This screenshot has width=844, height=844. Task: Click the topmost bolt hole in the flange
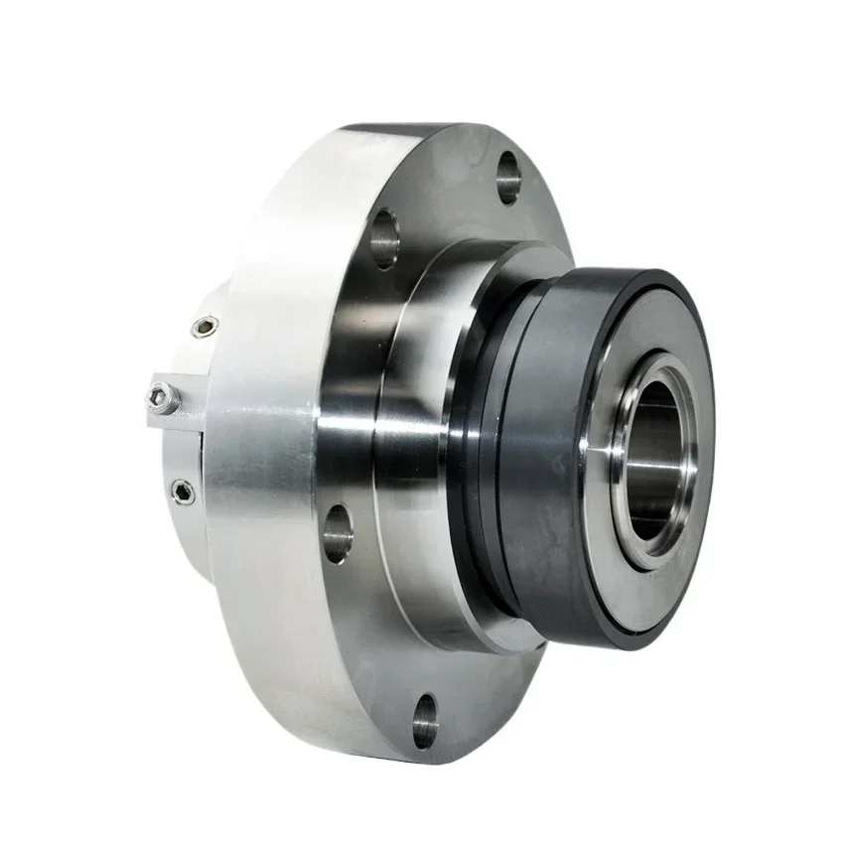pyautogui.click(x=508, y=176)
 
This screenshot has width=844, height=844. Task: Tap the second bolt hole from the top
pyautogui.click(x=384, y=238)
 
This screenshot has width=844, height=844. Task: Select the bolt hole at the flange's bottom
pyautogui.click(x=425, y=721)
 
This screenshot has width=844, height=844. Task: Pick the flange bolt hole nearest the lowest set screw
pyautogui.click(x=338, y=533)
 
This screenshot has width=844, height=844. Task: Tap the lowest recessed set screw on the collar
pyautogui.click(x=183, y=490)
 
